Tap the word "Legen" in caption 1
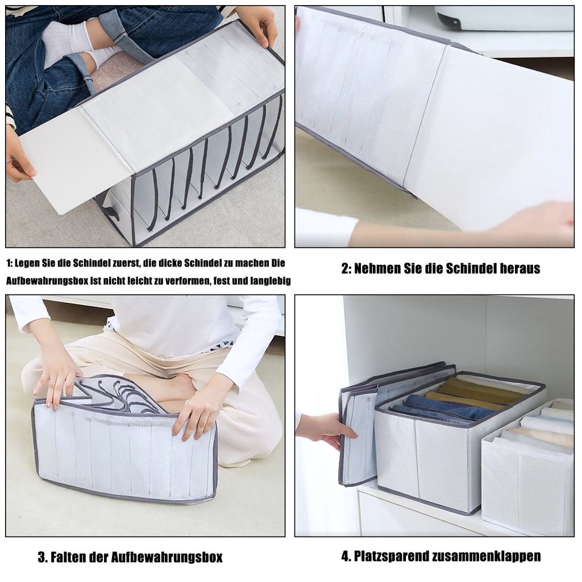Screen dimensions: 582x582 tap(24, 263)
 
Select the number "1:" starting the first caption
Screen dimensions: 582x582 tap(10, 263)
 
